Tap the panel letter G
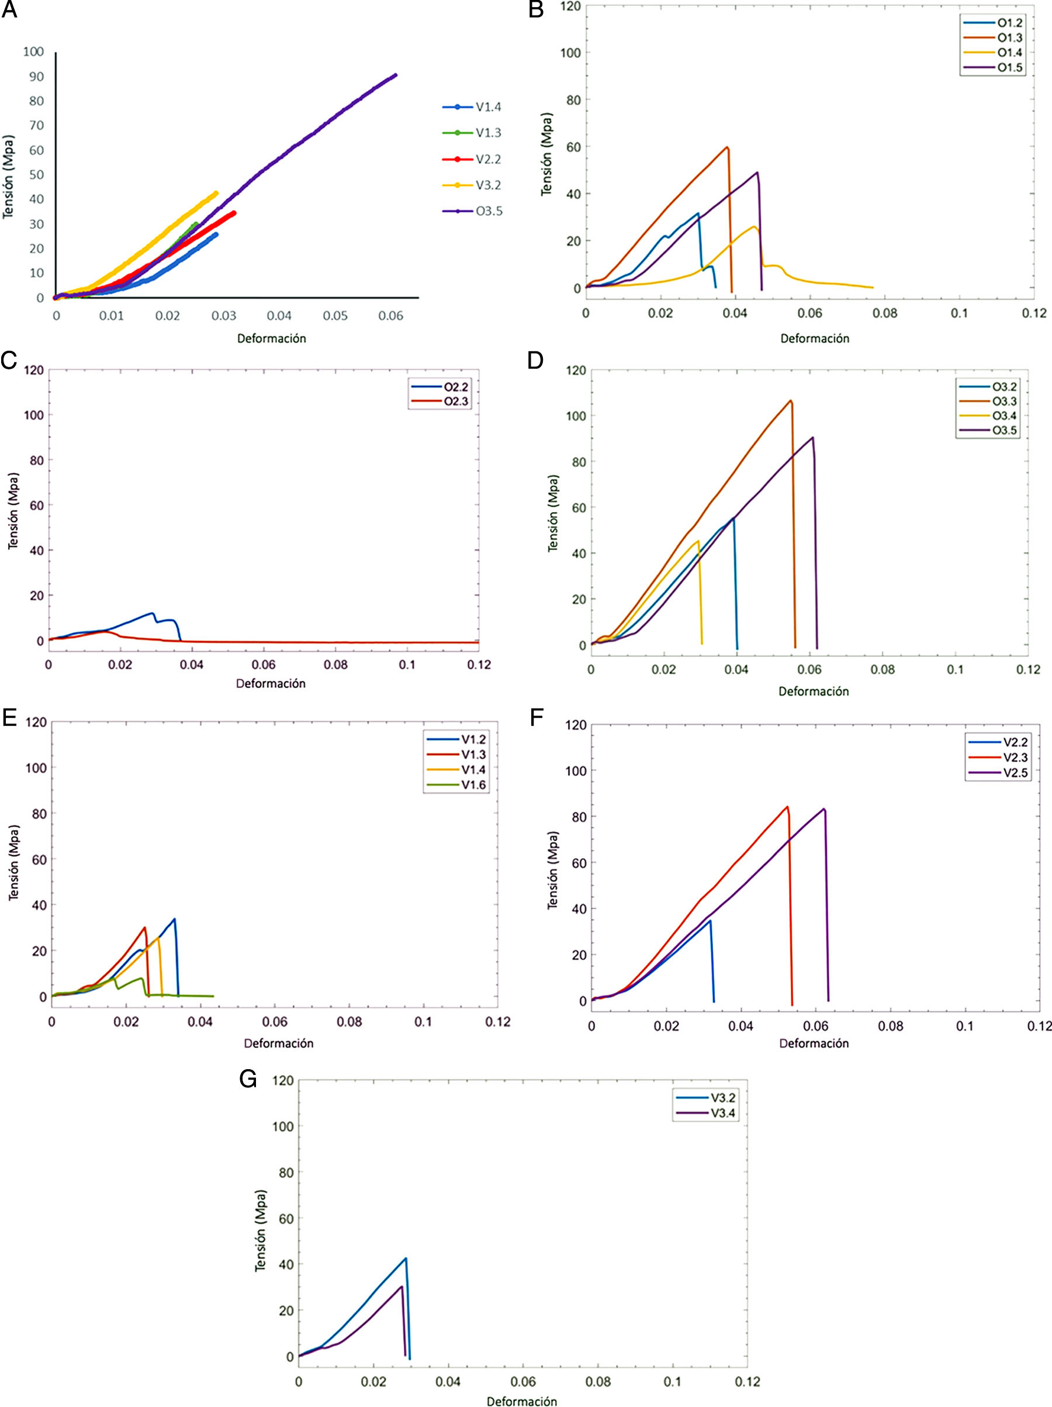[x=248, y=1080]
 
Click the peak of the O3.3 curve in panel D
[x=791, y=401]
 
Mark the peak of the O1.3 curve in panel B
[x=727, y=147]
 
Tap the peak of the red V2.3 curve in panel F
[x=787, y=807]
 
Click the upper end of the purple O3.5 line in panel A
[x=395, y=75]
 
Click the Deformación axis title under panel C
[x=271, y=684]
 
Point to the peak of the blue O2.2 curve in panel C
[x=152, y=613]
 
